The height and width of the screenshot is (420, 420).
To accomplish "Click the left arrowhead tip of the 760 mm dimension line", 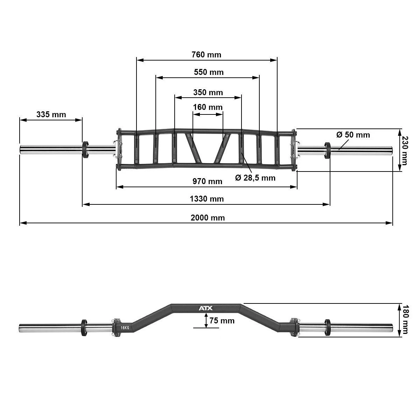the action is pos(137,60).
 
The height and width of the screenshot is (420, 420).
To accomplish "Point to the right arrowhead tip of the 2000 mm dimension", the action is pos(392,223).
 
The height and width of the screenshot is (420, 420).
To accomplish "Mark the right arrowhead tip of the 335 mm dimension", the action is pos(82,120).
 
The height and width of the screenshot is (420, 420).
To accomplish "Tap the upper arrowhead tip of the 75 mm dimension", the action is pos(206,313).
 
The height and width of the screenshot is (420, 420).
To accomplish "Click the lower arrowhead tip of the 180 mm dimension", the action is pos(399,337).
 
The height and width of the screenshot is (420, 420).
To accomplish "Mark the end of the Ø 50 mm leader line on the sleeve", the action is pos(338,150).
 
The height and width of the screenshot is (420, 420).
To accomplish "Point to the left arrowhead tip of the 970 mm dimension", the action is pos(117,187).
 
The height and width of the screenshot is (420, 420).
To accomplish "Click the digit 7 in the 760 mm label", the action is pos(194,55).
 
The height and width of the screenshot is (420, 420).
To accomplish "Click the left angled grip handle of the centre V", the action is pos(192,148).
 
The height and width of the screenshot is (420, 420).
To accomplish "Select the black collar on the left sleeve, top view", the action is pos(85,149).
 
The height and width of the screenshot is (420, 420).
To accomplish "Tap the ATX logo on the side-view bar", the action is pos(205,308).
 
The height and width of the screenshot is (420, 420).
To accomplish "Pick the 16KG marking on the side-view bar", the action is pos(125,328).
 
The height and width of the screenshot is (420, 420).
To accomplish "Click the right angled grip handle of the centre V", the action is pos(222,148).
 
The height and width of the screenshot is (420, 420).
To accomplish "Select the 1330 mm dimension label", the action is pos(207,199).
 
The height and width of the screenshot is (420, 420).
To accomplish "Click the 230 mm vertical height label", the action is pos(405,151).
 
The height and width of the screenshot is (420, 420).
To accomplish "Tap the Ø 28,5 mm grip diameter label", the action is pos(255,178).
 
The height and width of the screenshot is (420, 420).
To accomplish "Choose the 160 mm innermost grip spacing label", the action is pos(208,107).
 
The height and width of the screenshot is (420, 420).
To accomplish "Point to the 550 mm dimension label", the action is pos(209,72).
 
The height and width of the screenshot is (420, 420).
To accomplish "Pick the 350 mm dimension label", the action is pos(208,92).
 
